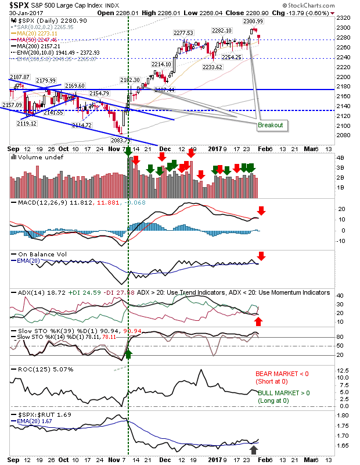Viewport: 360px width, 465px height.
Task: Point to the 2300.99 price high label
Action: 254,21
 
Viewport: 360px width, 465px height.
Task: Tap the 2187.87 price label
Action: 19,77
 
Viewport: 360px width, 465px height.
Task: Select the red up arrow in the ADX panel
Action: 259,320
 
